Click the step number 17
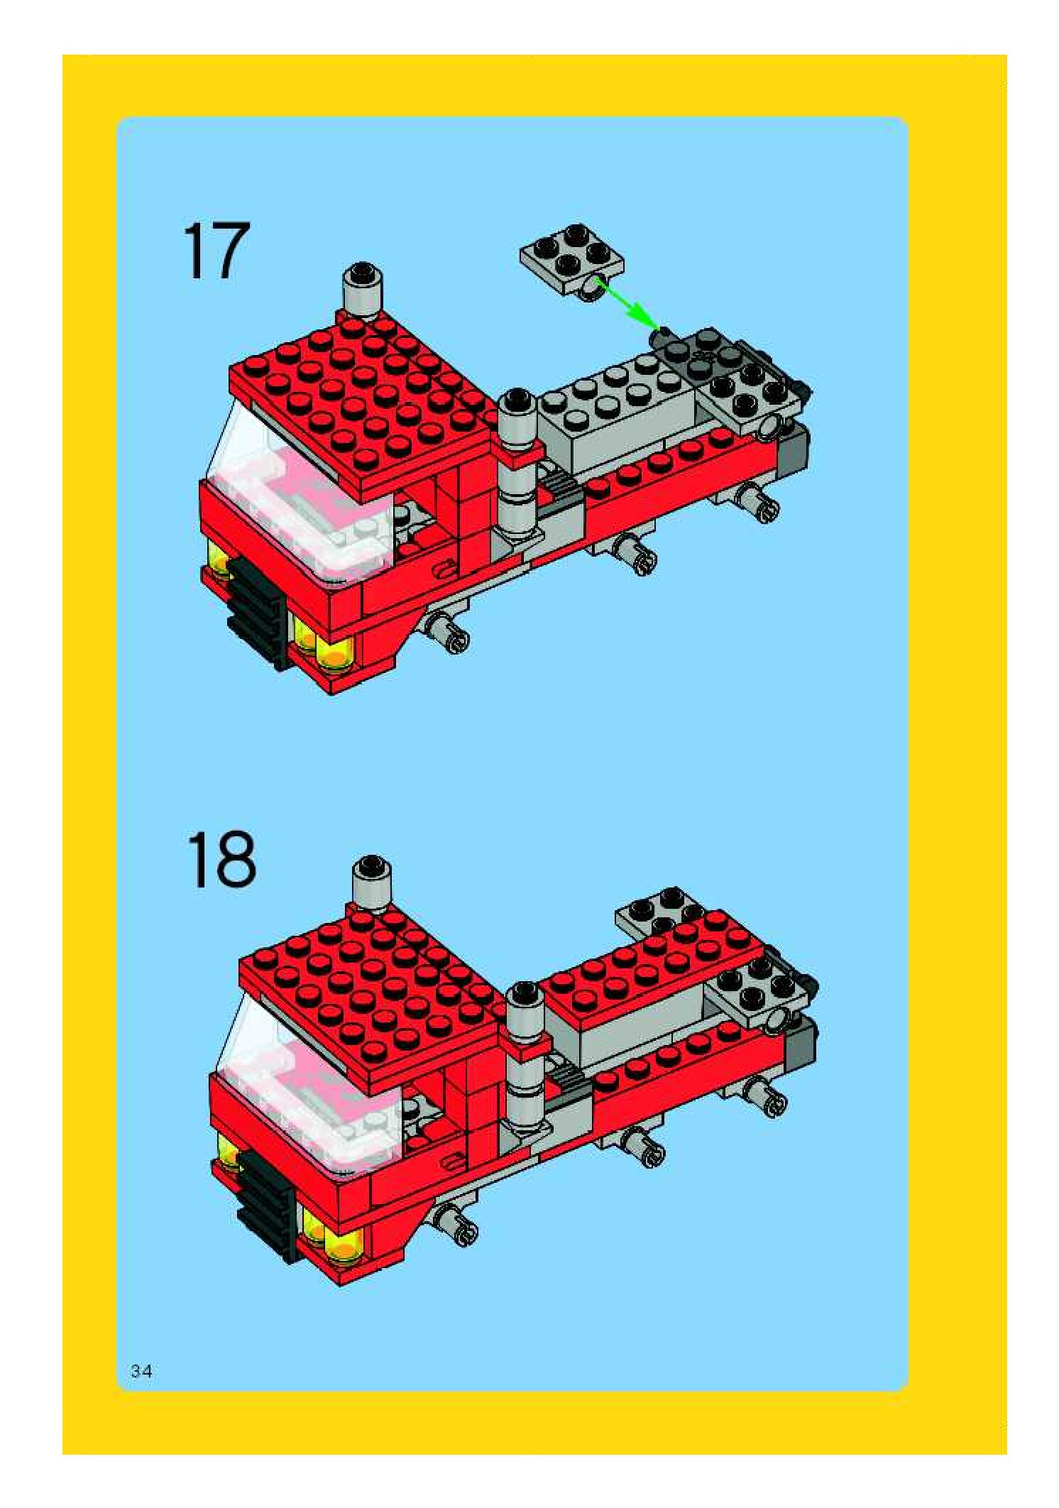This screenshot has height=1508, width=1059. (217, 251)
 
